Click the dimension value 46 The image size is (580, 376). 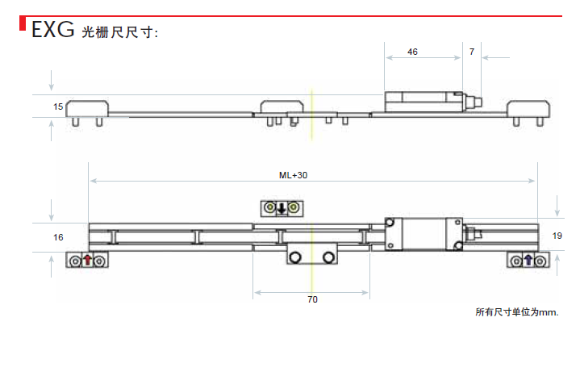[x=412, y=52]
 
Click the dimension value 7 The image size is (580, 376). [x=472, y=52]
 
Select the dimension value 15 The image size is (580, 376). [x=58, y=107]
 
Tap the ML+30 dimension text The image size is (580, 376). [x=293, y=175]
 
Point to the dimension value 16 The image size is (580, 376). [x=58, y=237]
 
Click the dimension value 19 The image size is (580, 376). [x=557, y=236]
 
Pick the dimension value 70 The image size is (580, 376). [x=312, y=299]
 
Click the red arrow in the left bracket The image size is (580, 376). [x=87, y=260]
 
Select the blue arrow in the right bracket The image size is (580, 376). [x=528, y=260]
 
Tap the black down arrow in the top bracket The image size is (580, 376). [x=282, y=208]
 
